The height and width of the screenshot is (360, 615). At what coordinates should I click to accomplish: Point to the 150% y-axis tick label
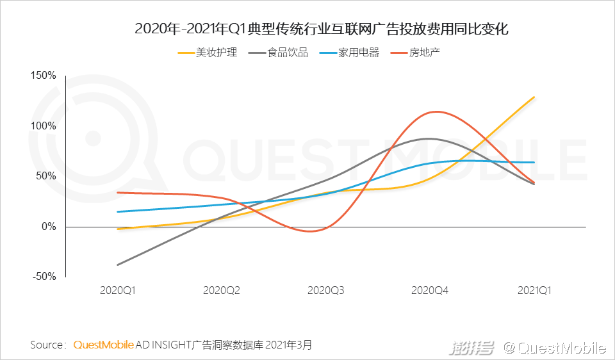44,76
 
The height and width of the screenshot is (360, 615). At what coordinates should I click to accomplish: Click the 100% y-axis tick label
44,126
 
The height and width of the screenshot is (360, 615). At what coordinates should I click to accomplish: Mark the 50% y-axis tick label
46,176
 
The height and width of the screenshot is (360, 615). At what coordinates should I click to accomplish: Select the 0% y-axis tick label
49,227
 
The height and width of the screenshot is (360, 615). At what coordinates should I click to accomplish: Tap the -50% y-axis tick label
44,277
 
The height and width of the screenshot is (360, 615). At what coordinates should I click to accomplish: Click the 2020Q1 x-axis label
118,290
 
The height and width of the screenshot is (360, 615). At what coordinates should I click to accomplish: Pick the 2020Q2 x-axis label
222,290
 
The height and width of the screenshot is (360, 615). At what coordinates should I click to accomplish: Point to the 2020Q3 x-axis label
326,290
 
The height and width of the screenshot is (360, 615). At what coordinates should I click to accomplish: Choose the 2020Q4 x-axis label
430,290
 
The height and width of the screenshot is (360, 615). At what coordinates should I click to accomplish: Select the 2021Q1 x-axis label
534,290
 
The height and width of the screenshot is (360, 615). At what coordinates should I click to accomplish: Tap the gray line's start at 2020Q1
118,265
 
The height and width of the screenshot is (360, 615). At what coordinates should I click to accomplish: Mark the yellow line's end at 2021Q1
534,97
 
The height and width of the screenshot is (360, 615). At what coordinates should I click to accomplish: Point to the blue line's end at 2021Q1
534,163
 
